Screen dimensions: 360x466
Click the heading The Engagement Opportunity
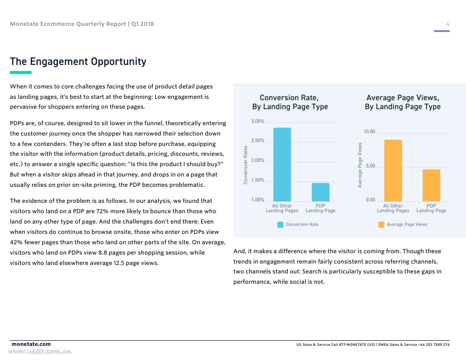point(78,62)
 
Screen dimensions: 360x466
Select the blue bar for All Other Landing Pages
point(282,164)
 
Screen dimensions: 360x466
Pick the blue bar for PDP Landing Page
point(321,192)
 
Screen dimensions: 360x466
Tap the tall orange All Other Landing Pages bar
point(393,170)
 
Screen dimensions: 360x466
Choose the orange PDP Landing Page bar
point(431,185)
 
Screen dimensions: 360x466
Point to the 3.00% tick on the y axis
point(257,121)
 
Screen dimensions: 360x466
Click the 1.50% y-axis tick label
point(257,180)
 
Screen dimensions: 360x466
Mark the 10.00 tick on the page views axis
point(370,132)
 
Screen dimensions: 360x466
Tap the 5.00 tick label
point(370,166)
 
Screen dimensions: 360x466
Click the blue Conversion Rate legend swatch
point(281,224)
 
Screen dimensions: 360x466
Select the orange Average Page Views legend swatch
point(381,224)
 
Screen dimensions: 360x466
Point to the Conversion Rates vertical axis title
point(246,165)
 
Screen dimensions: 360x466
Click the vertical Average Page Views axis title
point(360,165)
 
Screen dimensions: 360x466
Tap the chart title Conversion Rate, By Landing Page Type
point(289,102)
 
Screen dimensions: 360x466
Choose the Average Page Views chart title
point(402,102)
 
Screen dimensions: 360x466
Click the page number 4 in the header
point(448,24)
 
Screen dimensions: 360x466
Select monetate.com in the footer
point(31,344)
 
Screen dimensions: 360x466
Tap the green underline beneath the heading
point(21,72)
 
